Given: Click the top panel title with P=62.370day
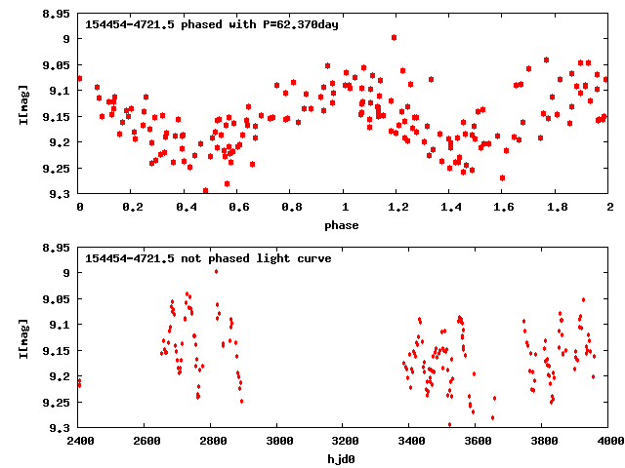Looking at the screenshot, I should click(x=212, y=24).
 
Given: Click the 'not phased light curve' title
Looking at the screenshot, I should click(x=208, y=258).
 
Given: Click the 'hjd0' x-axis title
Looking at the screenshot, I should click(x=344, y=459).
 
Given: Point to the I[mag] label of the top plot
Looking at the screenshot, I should click(x=22, y=104).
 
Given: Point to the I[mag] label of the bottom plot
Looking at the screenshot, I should click(x=22, y=338).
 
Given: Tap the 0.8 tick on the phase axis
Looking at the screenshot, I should click(x=291, y=208).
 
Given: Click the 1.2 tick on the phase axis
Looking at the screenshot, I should click(x=397, y=208).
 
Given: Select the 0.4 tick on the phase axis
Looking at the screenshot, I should click(x=186, y=208).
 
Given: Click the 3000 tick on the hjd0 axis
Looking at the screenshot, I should click(x=277, y=442).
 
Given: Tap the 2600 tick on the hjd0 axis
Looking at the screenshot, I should click(x=145, y=442).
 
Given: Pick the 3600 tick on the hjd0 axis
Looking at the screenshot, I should click(x=477, y=442).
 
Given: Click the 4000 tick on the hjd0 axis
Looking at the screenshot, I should click(x=609, y=442).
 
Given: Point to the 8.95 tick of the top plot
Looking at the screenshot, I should click(x=57, y=15).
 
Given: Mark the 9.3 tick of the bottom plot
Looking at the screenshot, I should click(x=61, y=428).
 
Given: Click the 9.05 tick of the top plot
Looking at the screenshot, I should click(x=57, y=65).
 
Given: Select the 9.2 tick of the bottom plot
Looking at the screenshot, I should click(x=61, y=376).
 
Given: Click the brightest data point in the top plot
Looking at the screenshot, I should click(x=394, y=37).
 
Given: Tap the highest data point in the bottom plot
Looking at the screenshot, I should click(x=216, y=271).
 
